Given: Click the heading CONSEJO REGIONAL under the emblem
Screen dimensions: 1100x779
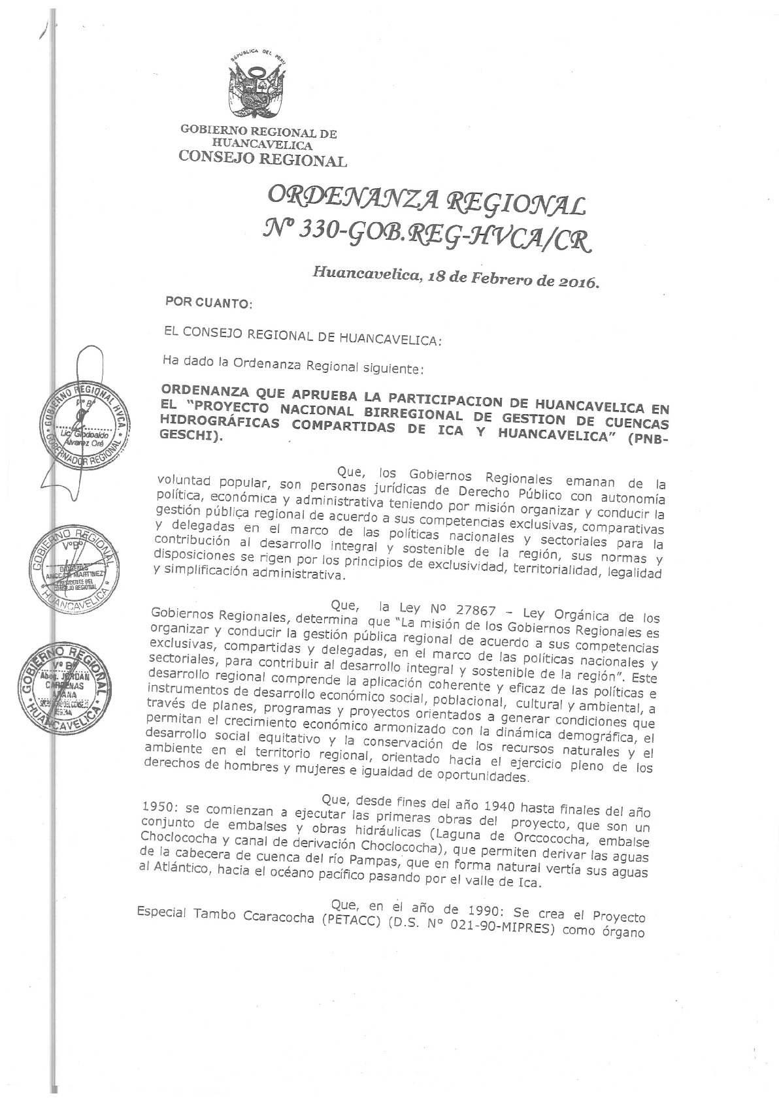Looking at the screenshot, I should [263, 159].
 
